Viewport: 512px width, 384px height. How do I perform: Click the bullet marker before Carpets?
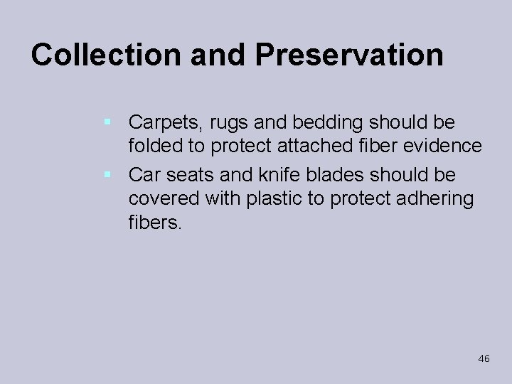click(106, 122)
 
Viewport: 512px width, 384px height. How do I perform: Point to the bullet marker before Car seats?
click(106, 174)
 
